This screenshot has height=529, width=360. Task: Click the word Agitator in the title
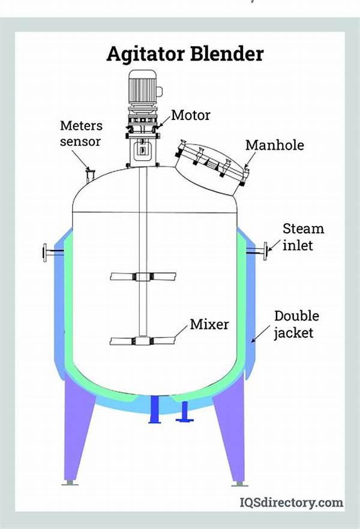tap(146, 54)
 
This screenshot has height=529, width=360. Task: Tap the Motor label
tap(191, 115)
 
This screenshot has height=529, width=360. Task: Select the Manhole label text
tap(275, 145)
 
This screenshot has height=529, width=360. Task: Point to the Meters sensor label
tap(81, 133)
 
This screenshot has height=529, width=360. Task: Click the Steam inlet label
tap(304, 237)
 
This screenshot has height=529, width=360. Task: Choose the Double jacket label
tap(296, 324)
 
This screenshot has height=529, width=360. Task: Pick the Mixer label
tap(209, 324)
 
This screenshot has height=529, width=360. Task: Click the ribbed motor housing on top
tap(142, 87)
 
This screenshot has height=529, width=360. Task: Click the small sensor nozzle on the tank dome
tap(90, 175)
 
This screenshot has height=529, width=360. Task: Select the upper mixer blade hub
tap(143, 276)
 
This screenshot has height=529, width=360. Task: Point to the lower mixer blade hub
tap(143, 341)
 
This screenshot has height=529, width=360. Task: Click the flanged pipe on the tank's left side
tap(53, 252)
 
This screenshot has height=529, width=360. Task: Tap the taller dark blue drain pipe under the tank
tap(155, 409)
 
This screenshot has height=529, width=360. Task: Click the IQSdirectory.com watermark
tap(292, 503)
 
